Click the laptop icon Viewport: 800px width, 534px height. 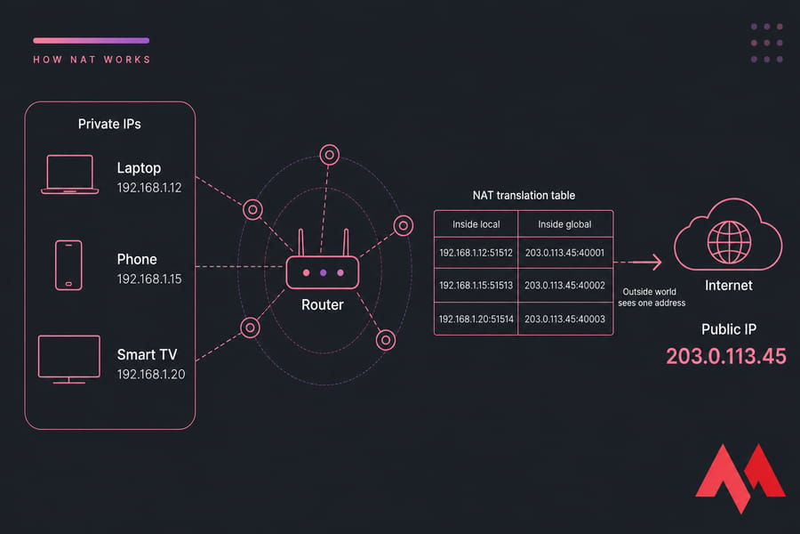[x=70, y=174]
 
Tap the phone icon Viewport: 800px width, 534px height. [x=68, y=265]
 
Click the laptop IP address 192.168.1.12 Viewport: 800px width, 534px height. [x=149, y=188]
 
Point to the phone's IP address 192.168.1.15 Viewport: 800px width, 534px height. [x=149, y=279]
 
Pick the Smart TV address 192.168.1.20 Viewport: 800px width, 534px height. [x=151, y=374]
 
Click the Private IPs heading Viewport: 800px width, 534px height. [x=109, y=125]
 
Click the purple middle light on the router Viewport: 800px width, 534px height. [x=323, y=273]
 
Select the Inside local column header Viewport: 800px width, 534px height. [x=476, y=224]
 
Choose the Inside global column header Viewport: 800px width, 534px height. [x=564, y=224]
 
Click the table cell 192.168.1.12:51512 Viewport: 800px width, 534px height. [x=476, y=253]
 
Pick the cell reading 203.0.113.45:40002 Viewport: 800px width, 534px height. [x=564, y=285]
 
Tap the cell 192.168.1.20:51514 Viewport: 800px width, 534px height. [x=476, y=319]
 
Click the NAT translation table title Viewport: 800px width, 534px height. [x=524, y=195]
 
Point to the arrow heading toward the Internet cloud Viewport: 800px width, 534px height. [x=637, y=263]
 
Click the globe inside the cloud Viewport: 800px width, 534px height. [x=729, y=242]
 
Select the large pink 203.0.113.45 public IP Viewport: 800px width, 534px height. [x=726, y=356]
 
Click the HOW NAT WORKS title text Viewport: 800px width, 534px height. [x=92, y=60]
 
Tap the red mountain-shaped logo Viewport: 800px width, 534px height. [x=740, y=478]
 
